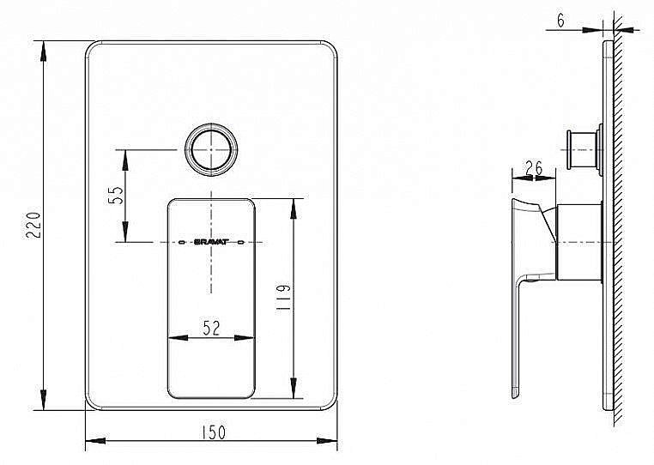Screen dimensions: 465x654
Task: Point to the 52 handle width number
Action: tap(211, 326)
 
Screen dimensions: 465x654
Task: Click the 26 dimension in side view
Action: tap(532, 168)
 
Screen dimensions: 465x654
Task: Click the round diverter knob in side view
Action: tap(584, 151)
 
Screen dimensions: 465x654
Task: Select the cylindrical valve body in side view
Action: tap(578, 243)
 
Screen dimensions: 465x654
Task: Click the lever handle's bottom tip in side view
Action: tap(517, 394)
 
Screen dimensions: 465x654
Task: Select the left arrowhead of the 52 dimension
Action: tap(172, 336)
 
